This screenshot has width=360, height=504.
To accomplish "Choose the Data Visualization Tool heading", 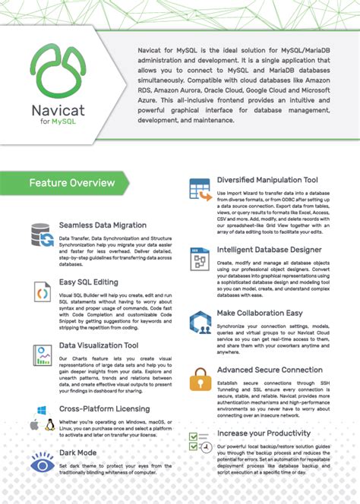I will click(99, 345).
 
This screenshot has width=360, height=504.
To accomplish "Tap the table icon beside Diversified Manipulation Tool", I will click(200, 188).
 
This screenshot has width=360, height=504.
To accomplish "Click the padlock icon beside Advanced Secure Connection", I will click(200, 378).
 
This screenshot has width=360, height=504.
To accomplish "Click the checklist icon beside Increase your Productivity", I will click(199, 442).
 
